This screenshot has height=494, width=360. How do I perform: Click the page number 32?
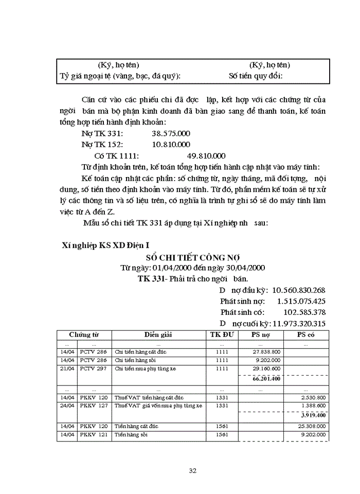point(193,470)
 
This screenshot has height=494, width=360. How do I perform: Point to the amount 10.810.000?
point(171,145)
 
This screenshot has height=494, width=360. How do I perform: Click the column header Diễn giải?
point(158,334)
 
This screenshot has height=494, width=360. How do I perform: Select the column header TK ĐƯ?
point(221,334)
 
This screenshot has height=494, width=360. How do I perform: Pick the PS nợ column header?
point(260,334)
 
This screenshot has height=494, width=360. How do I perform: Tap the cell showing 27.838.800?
point(266,352)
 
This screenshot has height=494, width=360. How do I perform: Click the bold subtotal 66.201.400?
point(266,379)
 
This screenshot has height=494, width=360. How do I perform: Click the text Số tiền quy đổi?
point(256,76)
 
